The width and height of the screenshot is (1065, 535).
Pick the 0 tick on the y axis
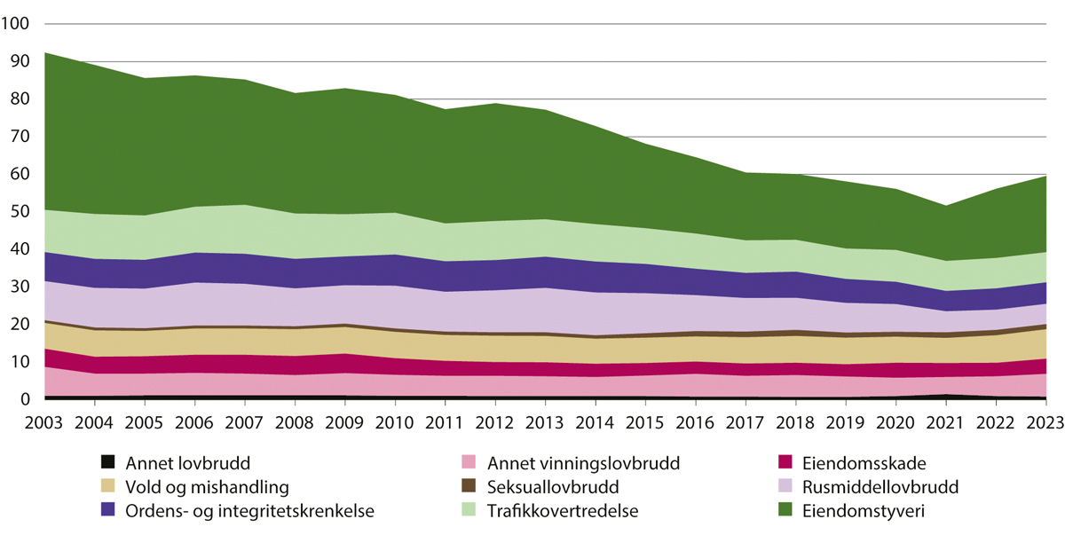(27, 400)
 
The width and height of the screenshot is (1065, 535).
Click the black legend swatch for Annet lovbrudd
(108, 462)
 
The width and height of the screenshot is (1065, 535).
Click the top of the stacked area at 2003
(44, 52)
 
